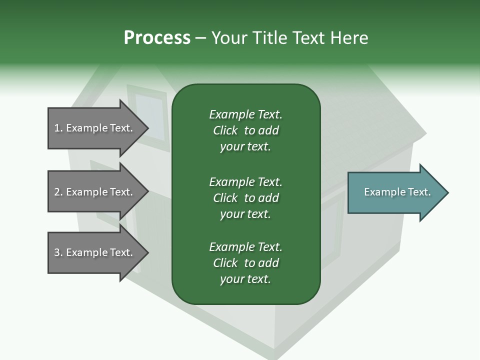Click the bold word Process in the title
157,38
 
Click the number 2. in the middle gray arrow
58,192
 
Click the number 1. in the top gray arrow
58,128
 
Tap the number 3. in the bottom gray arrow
58,252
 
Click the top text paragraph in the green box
245,130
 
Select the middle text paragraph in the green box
245,198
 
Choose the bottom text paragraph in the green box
245,263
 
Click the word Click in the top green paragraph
225,130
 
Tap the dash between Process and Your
200,38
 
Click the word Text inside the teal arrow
419,192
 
